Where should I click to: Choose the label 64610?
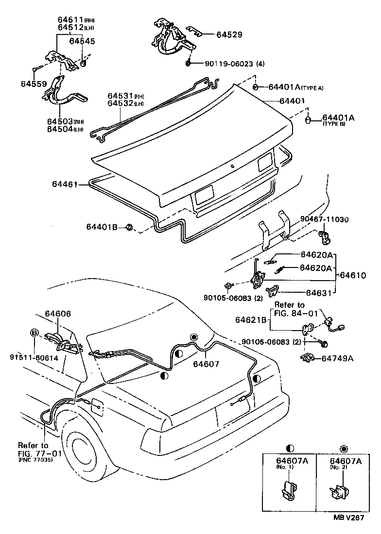pos(353,275)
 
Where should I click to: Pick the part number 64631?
pos(319,293)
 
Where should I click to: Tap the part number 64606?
pos(58,315)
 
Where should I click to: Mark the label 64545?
pos(82,41)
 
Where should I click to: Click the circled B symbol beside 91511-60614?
pos(35,333)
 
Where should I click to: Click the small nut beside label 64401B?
pos(129,227)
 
